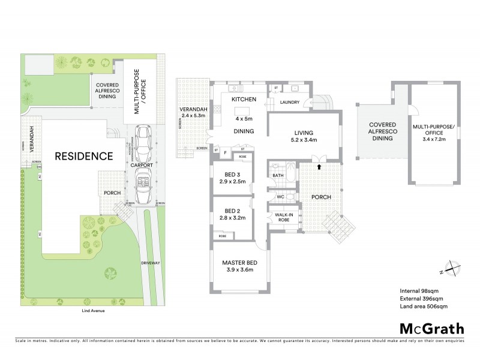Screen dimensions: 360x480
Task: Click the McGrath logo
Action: tap(431, 328)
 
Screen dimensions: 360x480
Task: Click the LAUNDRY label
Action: tap(290, 103)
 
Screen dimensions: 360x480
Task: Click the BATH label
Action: tap(277, 176)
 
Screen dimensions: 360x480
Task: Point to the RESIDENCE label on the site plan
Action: tap(84, 157)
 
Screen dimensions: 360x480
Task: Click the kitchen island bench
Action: tap(244, 110)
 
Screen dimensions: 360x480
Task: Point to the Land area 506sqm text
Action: tap(424, 307)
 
